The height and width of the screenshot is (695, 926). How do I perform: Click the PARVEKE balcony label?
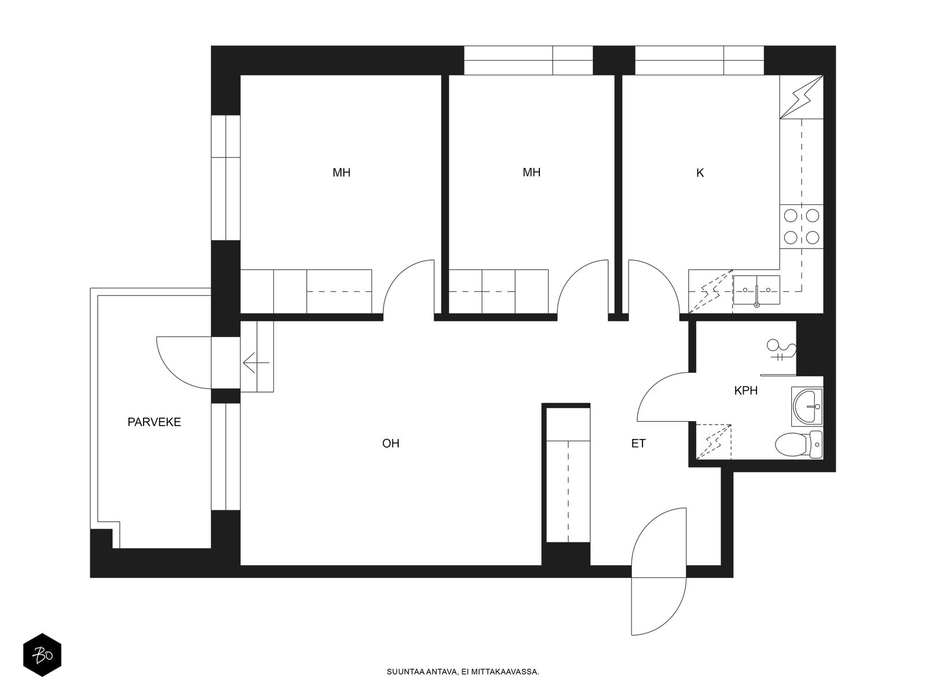tap(154, 422)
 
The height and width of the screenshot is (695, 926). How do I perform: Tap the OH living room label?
tap(391, 444)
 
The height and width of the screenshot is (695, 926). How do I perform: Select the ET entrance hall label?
tap(638, 444)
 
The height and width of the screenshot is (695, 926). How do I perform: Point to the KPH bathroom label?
tap(746, 391)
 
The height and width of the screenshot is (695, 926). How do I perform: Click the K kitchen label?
tap(700, 173)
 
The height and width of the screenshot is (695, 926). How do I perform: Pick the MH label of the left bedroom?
tap(341, 173)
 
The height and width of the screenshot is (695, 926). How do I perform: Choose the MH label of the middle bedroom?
tap(531, 172)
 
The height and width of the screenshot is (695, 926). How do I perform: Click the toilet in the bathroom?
tap(799, 445)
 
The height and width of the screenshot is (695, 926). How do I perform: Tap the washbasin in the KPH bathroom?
tap(807, 407)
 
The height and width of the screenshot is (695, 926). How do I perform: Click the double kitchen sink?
tap(756, 290)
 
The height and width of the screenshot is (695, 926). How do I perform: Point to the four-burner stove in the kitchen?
tap(801, 226)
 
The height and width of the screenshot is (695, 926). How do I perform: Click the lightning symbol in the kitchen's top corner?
tap(802, 97)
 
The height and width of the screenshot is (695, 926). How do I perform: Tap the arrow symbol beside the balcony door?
tap(256, 363)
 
